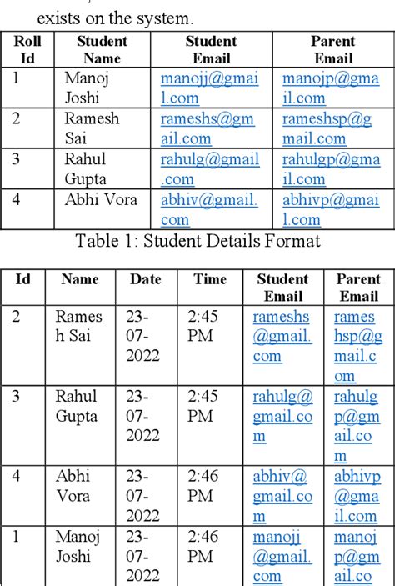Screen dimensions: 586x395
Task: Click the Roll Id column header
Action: click(x=27, y=49)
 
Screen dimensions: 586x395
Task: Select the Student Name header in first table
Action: click(x=102, y=49)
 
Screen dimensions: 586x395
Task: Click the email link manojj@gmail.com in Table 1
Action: click(x=209, y=88)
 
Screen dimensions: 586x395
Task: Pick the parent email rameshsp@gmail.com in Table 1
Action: click(x=327, y=128)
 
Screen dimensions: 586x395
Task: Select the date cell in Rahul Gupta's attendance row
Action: click(x=143, y=416)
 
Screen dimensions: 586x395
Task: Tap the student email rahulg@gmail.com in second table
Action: click(x=282, y=416)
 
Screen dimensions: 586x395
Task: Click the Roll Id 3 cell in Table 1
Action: click(x=17, y=158)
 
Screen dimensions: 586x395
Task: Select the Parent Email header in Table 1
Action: click(x=332, y=49)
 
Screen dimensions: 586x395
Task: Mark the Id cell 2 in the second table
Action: click(x=17, y=317)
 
